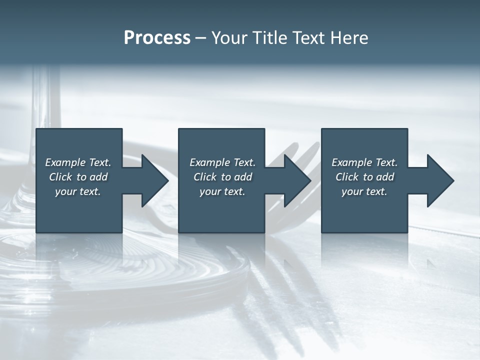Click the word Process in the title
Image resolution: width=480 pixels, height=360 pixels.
coord(157,38)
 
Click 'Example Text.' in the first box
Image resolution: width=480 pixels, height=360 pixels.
coord(78,162)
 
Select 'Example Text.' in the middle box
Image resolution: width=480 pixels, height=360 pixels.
coord(222,162)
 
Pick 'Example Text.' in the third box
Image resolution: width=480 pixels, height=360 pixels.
coord(364,162)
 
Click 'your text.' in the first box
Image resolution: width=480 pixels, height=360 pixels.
coord(78,191)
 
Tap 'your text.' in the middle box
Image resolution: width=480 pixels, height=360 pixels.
coord(222,191)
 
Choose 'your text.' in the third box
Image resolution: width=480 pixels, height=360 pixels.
coord(364,191)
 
